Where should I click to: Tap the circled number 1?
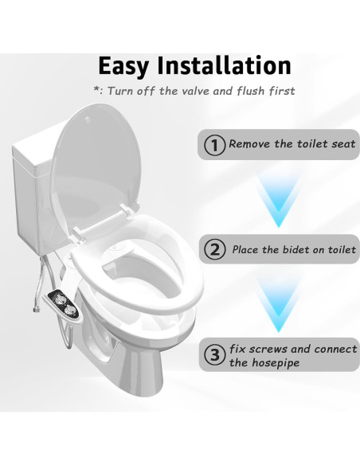pos(213,146)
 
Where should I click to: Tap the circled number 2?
pos(213,249)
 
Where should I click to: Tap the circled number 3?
pos(213,354)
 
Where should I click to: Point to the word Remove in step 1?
pos(250,146)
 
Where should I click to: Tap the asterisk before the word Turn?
pos(96,91)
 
